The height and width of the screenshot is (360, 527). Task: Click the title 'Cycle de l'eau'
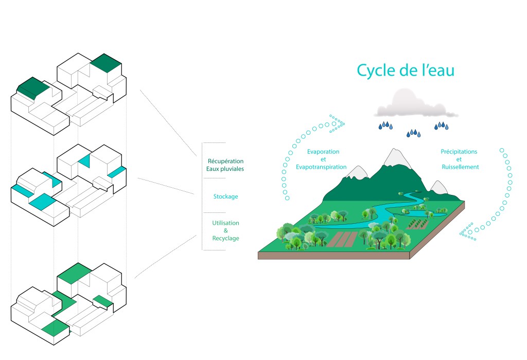click(x=406, y=70)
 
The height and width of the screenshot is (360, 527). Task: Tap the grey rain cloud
click(x=417, y=104)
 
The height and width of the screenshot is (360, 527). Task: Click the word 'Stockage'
click(x=225, y=196)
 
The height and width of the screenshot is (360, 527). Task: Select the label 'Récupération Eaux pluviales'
click(x=225, y=165)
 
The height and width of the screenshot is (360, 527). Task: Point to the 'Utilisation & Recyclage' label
click(x=225, y=230)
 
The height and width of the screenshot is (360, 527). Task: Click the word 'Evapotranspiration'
click(x=321, y=167)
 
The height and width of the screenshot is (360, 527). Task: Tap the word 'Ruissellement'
click(x=460, y=167)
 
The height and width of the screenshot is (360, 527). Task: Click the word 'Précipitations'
click(x=459, y=152)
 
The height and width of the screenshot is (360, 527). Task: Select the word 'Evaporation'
click(x=323, y=152)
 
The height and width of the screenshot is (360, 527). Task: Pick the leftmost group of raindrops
click(x=385, y=125)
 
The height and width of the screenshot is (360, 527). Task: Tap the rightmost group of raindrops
click(x=441, y=125)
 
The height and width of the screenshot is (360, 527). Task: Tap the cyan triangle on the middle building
click(x=85, y=160)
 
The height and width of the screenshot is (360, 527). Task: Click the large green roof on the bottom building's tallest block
click(x=74, y=273)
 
